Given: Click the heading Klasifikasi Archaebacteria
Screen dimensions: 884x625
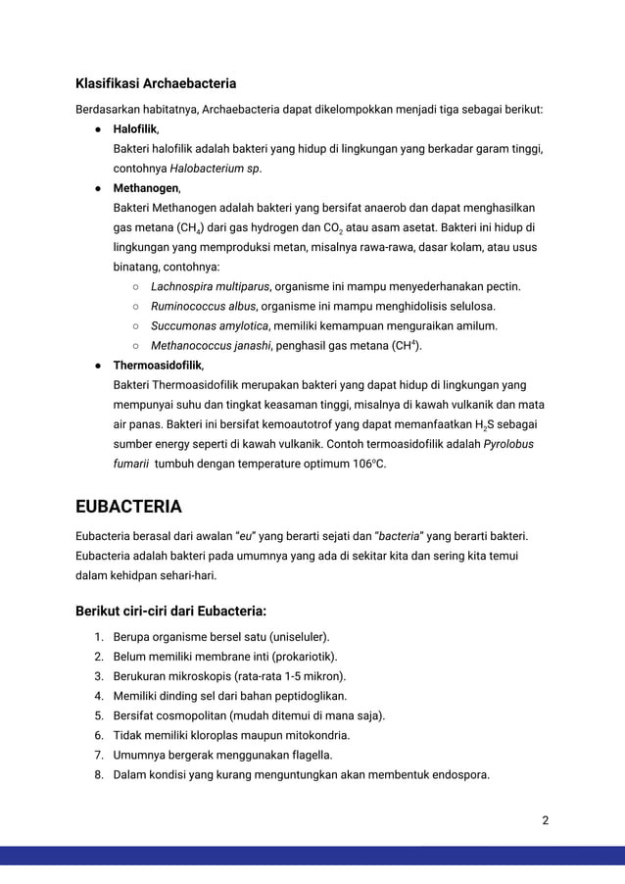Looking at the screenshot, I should tap(156, 82).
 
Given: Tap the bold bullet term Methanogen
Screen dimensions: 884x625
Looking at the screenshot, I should tap(146, 187).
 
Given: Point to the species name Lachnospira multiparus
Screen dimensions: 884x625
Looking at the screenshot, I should tap(211, 286).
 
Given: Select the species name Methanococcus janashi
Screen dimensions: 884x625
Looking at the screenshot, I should tap(209, 345).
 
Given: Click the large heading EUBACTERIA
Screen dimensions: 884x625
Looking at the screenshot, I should tap(128, 507).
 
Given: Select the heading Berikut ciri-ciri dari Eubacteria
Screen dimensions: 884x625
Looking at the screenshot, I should tap(170, 613).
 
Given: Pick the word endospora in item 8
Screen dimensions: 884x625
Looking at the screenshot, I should tap(457, 774).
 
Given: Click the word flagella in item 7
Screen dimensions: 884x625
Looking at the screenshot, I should tap(307, 755).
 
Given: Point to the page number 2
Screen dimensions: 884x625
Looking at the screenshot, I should tap(546, 820).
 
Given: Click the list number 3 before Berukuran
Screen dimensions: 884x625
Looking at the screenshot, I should tap(99, 676).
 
